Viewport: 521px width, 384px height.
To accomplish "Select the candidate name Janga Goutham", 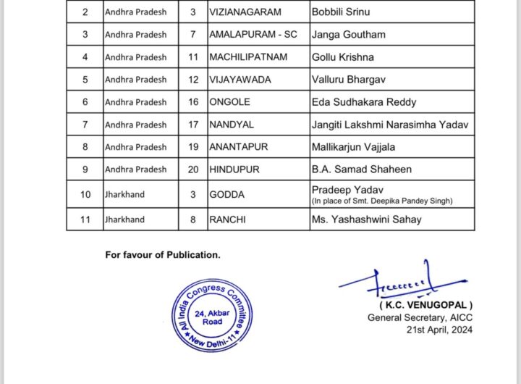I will pos(347,35).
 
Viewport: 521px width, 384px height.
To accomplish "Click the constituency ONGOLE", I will pos(231,102).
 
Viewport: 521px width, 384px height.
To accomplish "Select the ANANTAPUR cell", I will pos(239,147).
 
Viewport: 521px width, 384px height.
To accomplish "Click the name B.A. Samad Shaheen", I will pos(362,170).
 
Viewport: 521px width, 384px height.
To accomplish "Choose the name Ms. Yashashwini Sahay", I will pos(365,220).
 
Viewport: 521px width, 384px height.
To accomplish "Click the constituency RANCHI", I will pos(229,220).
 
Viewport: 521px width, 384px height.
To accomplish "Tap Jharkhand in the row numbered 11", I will pos(124,220).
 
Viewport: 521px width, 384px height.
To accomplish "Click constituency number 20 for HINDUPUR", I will pos(193,170).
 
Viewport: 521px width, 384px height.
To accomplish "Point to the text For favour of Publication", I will pos(163,255).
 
